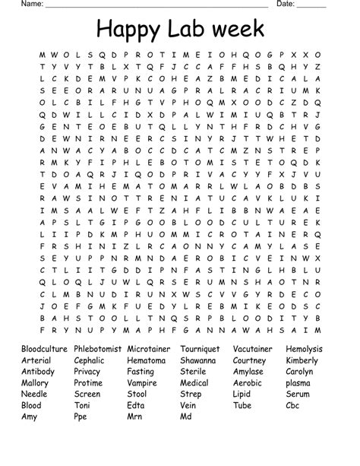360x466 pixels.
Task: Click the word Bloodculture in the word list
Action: (44, 349)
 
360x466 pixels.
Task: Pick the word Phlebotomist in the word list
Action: (98, 349)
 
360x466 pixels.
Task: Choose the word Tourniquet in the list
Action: (200, 349)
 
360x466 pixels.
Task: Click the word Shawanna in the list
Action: (198, 360)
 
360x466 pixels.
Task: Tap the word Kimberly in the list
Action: (302, 360)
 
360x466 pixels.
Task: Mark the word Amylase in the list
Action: (248, 372)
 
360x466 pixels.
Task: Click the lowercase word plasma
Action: (298, 383)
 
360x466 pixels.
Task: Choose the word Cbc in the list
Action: (294, 405)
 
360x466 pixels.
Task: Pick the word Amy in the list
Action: (30, 417)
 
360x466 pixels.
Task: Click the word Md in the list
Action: (187, 417)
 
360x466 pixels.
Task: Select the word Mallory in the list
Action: (35, 383)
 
